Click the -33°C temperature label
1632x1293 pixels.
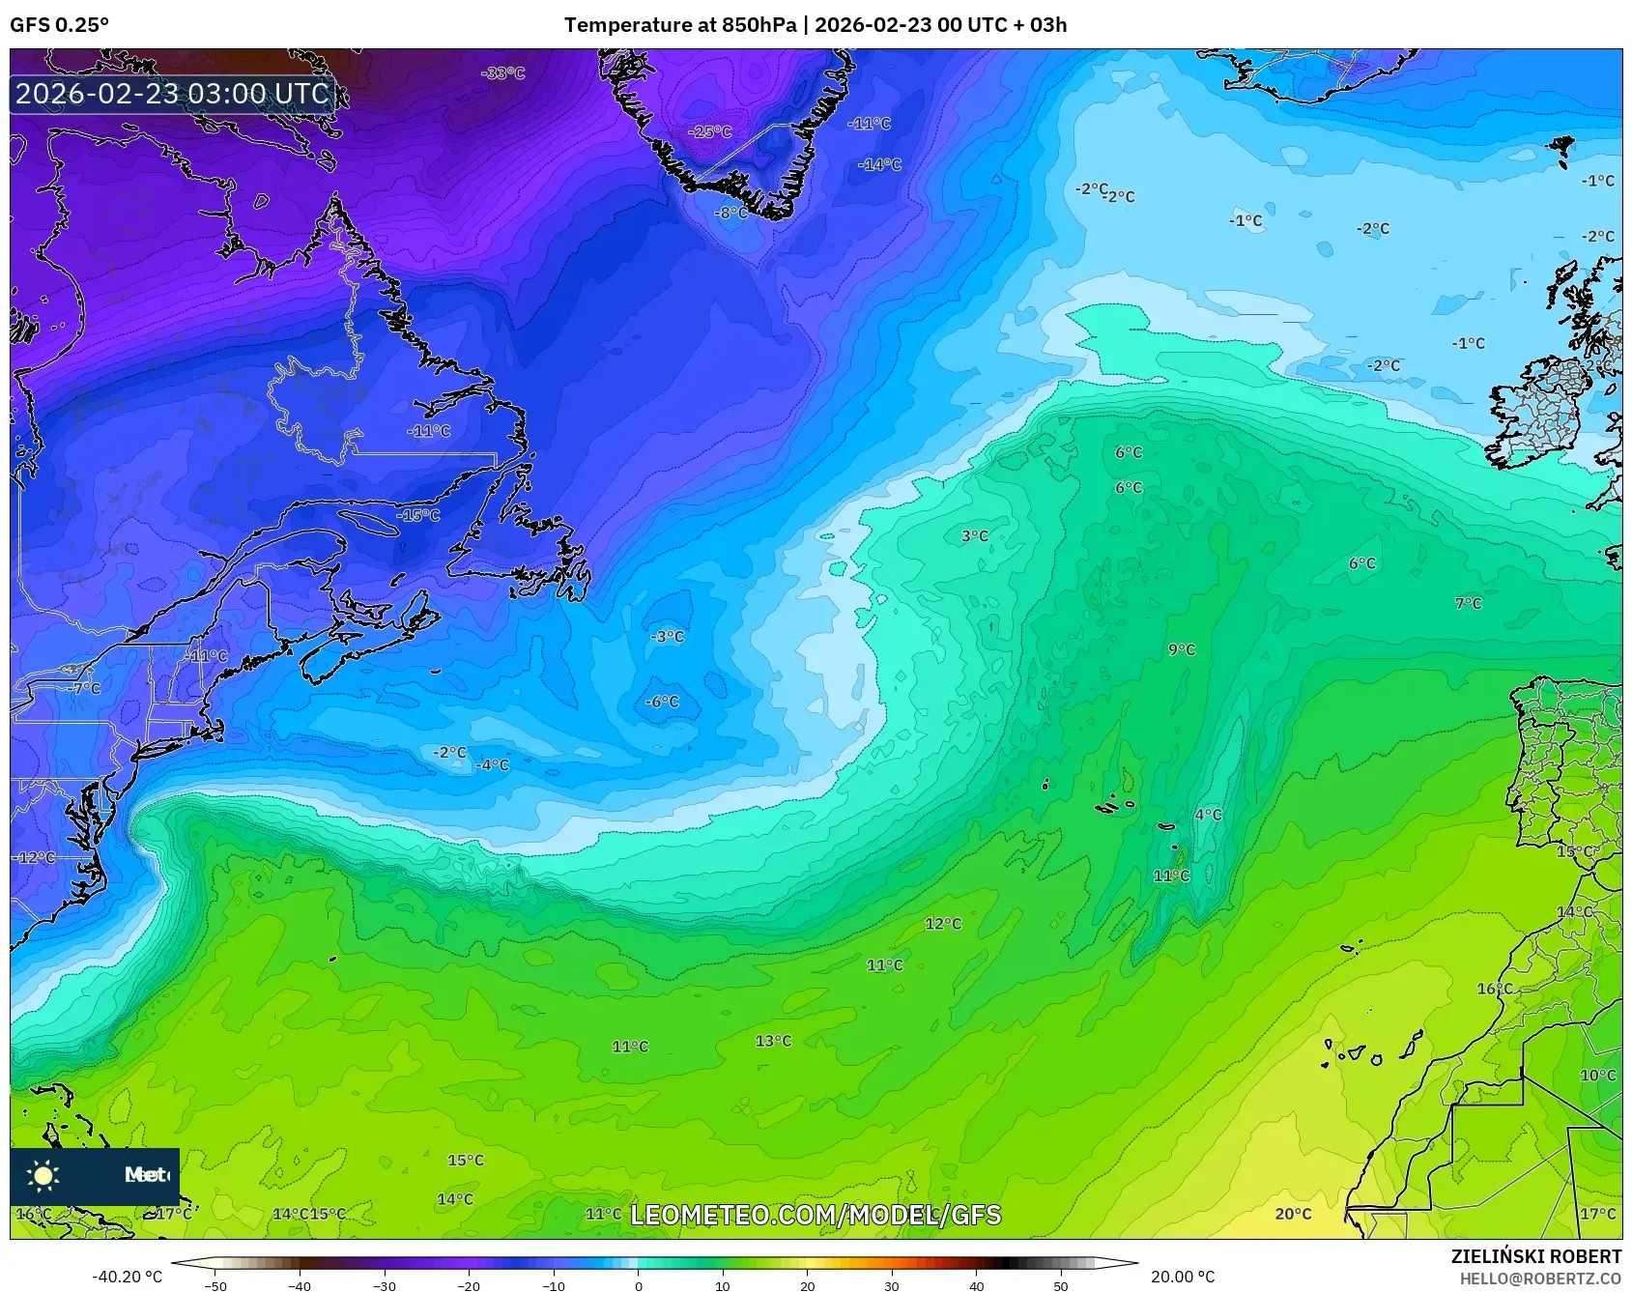point(503,73)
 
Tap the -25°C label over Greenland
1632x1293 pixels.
point(710,131)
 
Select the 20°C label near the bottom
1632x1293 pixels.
point(1293,1214)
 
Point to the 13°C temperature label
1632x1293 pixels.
point(773,1041)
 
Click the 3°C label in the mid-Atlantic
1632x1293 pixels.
point(975,535)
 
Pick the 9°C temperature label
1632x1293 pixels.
point(1182,649)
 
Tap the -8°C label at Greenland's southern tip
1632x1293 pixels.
point(730,213)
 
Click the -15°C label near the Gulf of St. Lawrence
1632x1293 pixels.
point(418,515)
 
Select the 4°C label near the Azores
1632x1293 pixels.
point(1208,815)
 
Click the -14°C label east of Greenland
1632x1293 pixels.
point(879,165)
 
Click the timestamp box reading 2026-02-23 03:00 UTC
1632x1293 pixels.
point(172,94)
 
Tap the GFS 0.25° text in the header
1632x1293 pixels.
point(60,25)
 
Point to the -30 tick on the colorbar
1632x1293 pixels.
point(385,1285)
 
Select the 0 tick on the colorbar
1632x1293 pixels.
point(638,1285)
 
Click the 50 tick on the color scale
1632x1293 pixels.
point(1061,1285)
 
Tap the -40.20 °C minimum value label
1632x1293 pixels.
point(127,1277)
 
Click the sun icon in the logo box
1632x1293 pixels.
point(43,1175)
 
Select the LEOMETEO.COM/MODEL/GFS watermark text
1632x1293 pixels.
point(816,1215)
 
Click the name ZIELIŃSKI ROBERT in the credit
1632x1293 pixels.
point(1535,1256)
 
